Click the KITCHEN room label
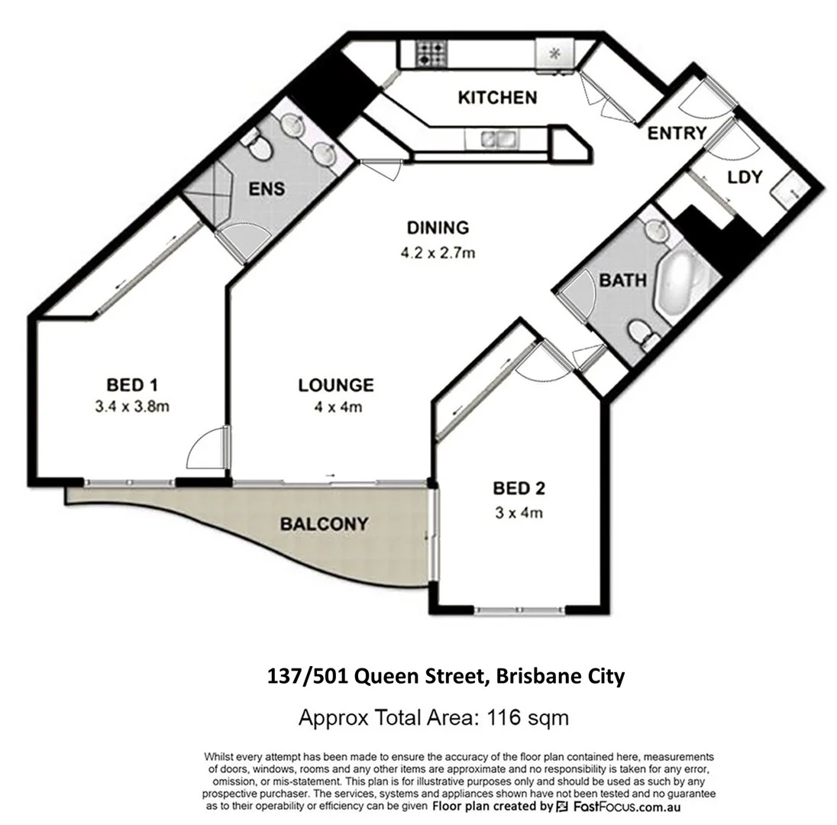(x=496, y=97)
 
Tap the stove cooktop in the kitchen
(x=431, y=54)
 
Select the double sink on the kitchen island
(x=494, y=138)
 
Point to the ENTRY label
(x=677, y=133)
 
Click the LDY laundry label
(x=745, y=177)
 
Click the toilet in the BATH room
(x=641, y=335)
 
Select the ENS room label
(x=267, y=189)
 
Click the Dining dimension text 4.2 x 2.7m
(x=437, y=252)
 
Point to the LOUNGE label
(x=335, y=386)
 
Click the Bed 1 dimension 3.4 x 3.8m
(x=131, y=406)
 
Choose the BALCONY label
(x=323, y=524)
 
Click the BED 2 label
(x=519, y=488)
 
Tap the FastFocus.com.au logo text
(x=624, y=807)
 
